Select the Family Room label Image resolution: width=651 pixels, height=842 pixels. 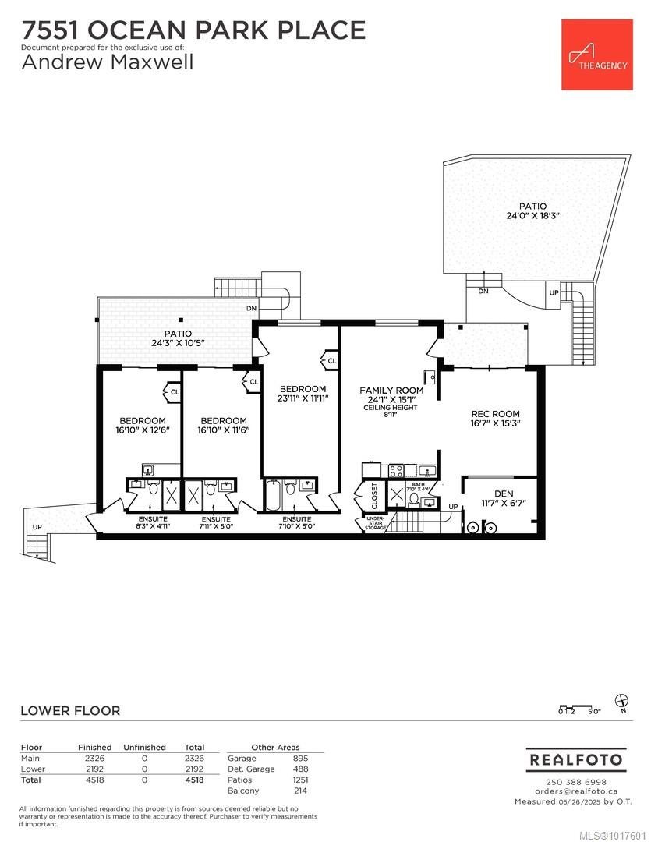point(391,394)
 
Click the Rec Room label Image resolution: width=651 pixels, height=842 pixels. point(495,419)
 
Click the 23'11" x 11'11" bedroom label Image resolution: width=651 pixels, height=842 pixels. point(303,393)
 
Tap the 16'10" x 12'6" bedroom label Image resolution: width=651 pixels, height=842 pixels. point(143,425)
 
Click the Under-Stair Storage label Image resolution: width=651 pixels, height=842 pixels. point(375,523)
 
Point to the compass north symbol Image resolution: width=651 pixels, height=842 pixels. point(621,701)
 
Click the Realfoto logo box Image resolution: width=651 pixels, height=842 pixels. point(576,759)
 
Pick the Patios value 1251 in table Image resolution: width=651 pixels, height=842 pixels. point(299,780)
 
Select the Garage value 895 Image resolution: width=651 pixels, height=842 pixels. point(300,758)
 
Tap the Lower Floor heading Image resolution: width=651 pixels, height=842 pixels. point(70,710)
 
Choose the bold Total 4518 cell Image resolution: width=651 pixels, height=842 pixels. point(194,780)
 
